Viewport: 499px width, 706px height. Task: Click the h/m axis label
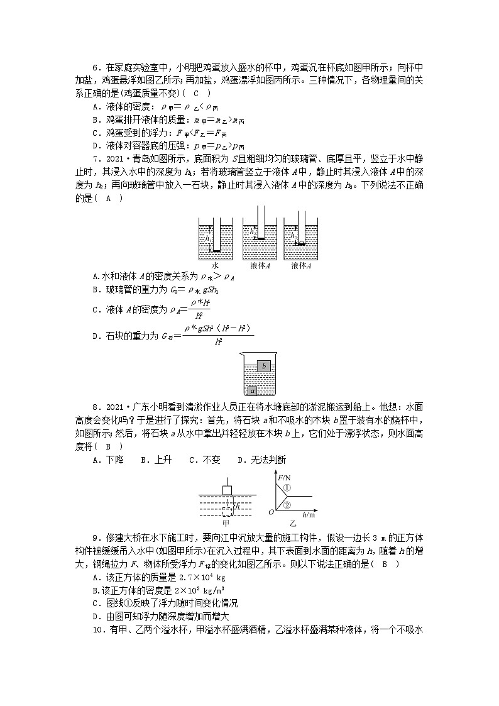tap(307, 515)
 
